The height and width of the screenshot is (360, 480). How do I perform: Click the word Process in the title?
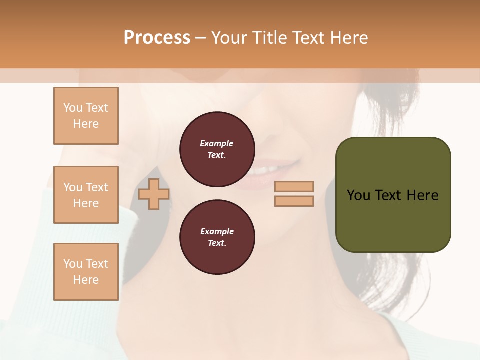[157, 38]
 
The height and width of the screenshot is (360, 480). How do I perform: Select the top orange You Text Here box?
[86, 116]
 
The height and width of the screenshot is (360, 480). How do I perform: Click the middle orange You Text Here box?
[86, 195]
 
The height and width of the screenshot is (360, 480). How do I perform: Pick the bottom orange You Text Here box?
[86, 272]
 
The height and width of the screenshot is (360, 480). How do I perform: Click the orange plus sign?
[153, 194]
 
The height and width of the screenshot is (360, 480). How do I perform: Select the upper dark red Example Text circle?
[217, 149]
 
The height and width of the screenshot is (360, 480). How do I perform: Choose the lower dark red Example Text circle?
[217, 237]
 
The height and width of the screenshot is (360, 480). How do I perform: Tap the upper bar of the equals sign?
[294, 186]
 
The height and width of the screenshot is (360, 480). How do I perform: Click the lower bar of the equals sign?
[294, 201]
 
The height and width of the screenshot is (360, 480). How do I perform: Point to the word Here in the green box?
[423, 195]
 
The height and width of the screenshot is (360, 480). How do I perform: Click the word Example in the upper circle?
[217, 143]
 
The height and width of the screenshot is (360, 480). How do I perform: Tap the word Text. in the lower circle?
[217, 243]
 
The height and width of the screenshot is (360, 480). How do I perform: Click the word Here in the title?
[348, 38]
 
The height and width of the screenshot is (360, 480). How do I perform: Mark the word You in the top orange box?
[72, 108]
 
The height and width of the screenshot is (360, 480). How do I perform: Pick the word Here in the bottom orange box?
[86, 280]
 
